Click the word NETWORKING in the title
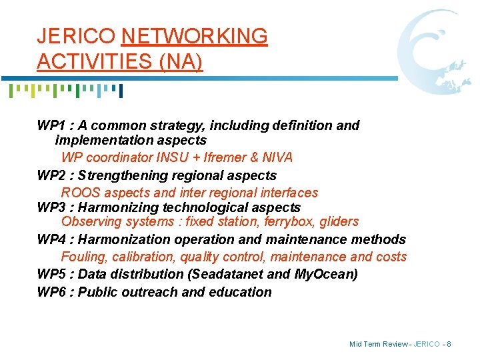[x=195, y=36]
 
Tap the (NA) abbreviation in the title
[x=180, y=61]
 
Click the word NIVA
[x=277, y=158]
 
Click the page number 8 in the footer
[x=449, y=344]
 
